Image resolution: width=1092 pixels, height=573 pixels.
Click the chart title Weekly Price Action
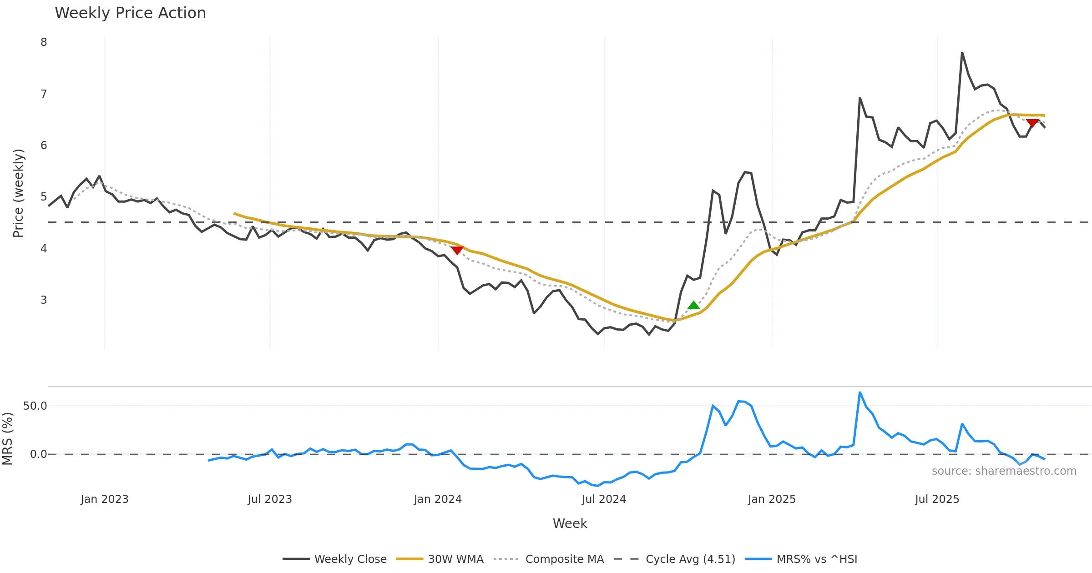(130, 13)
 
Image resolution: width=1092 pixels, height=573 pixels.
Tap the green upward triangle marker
(693, 305)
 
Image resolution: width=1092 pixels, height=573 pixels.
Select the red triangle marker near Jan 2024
(457, 250)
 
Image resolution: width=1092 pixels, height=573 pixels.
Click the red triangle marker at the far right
(1032, 123)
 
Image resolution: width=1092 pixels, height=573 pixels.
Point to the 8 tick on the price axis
(44, 42)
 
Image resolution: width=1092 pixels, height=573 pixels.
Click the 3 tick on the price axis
(44, 300)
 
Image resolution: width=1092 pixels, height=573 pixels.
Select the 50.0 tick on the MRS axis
(35, 406)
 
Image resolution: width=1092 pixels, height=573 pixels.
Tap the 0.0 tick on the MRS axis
(38, 454)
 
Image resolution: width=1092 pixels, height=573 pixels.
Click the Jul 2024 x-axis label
(604, 499)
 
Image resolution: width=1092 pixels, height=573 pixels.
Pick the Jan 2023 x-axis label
(104, 499)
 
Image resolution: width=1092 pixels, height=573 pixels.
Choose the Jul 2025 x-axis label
(937, 499)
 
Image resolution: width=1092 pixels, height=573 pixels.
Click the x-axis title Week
(570, 523)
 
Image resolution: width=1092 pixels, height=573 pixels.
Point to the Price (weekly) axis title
(18, 193)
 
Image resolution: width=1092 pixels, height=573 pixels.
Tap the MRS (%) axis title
(7, 438)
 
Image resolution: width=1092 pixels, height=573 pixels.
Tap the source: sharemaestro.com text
(1004, 471)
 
